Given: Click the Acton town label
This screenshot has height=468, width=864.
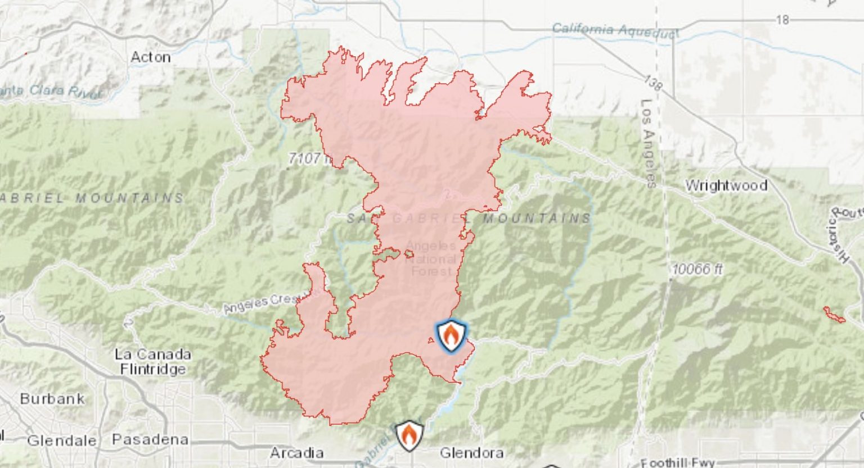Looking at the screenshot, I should (151, 57).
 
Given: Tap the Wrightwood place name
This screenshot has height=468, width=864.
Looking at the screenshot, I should (726, 185).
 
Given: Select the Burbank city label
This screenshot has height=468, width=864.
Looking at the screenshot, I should (52, 399).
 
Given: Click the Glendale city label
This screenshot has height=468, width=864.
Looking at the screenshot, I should (61, 440).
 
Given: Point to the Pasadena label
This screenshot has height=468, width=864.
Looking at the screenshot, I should (150, 439).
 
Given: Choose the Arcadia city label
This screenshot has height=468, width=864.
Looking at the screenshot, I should (296, 453).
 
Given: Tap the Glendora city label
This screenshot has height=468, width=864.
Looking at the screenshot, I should (471, 453).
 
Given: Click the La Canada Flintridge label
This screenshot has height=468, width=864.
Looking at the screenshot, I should (152, 362).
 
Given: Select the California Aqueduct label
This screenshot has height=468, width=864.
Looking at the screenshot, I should (615, 30).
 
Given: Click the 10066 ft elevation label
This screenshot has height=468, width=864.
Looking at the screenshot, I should (696, 269).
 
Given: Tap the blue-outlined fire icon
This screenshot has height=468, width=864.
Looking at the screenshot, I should (451, 336).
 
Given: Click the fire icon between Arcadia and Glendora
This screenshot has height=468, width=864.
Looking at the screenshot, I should (409, 435).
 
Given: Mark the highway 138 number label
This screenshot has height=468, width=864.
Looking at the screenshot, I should (652, 83).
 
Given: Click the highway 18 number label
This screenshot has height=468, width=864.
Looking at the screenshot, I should (782, 20).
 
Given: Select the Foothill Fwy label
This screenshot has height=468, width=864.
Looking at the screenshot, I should (677, 463).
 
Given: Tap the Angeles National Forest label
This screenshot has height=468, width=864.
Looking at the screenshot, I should (431, 259).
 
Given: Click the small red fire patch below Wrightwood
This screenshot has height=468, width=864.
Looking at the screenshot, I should (834, 315).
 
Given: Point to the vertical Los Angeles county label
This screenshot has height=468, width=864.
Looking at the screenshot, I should (648, 143).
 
